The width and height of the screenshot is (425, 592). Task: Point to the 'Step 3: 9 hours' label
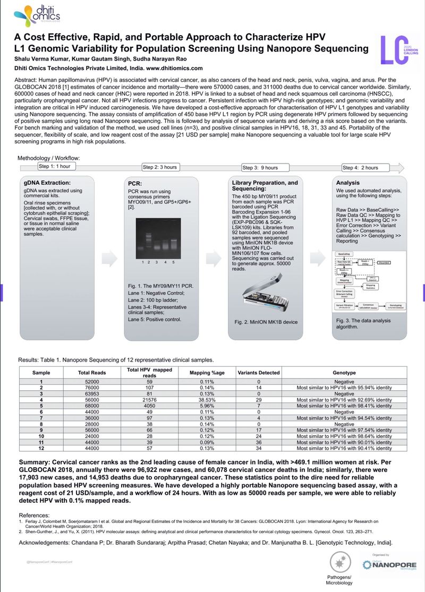tap(260, 168)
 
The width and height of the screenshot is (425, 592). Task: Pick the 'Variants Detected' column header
tap(258, 373)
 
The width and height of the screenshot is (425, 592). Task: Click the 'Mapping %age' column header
tap(207, 373)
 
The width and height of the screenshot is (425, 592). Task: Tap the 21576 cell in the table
tap(149, 400)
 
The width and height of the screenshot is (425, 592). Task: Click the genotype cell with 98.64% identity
tap(344, 436)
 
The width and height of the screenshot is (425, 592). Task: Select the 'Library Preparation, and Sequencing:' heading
tap(265, 186)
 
